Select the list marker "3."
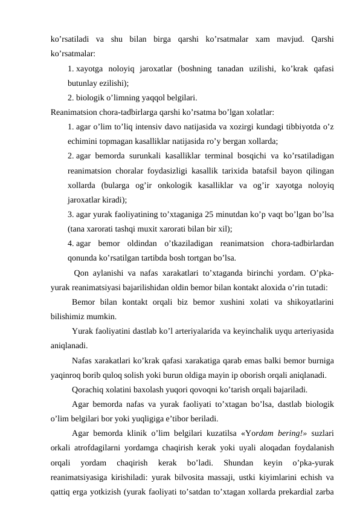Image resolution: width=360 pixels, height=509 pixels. pos(71,213)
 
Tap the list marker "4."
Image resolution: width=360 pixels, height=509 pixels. pos(71,242)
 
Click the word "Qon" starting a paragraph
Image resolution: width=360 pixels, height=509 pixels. pos(82,271)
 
